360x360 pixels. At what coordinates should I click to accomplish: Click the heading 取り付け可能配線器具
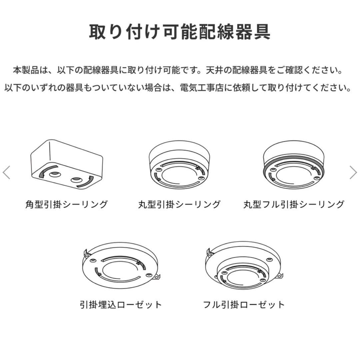(x=180, y=32)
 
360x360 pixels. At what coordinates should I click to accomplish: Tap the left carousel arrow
(x=6, y=172)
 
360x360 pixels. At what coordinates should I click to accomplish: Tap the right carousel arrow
(x=353, y=172)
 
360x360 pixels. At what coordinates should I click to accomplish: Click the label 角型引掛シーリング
(x=67, y=204)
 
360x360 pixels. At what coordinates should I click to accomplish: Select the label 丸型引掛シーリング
(x=180, y=204)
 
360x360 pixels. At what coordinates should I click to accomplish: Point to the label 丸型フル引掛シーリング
(x=294, y=204)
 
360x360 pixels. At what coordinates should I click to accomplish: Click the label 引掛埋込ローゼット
(x=121, y=304)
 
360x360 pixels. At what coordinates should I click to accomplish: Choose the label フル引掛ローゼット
(x=244, y=304)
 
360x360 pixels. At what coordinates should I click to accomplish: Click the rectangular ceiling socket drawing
(x=67, y=163)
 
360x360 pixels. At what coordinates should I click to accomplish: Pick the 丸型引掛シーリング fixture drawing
(x=180, y=167)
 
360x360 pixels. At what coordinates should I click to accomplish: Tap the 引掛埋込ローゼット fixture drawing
(x=121, y=267)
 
